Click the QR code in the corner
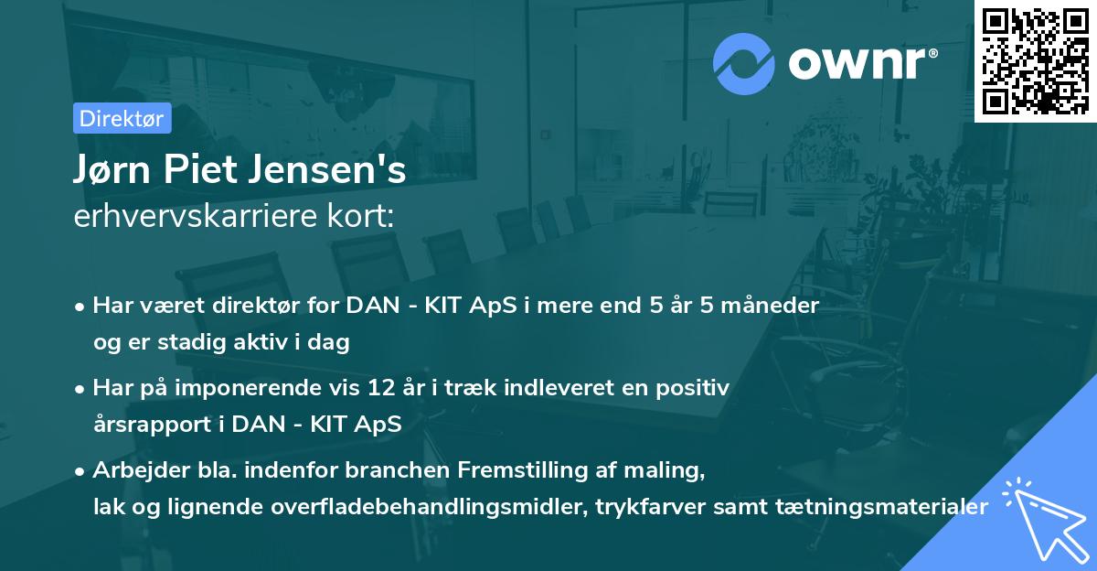pyautogui.click(x=1035, y=60)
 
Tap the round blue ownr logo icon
pyautogui.click(x=742, y=64)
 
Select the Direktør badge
pyautogui.click(x=122, y=118)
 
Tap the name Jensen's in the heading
pyautogui.click(x=326, y=172)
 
